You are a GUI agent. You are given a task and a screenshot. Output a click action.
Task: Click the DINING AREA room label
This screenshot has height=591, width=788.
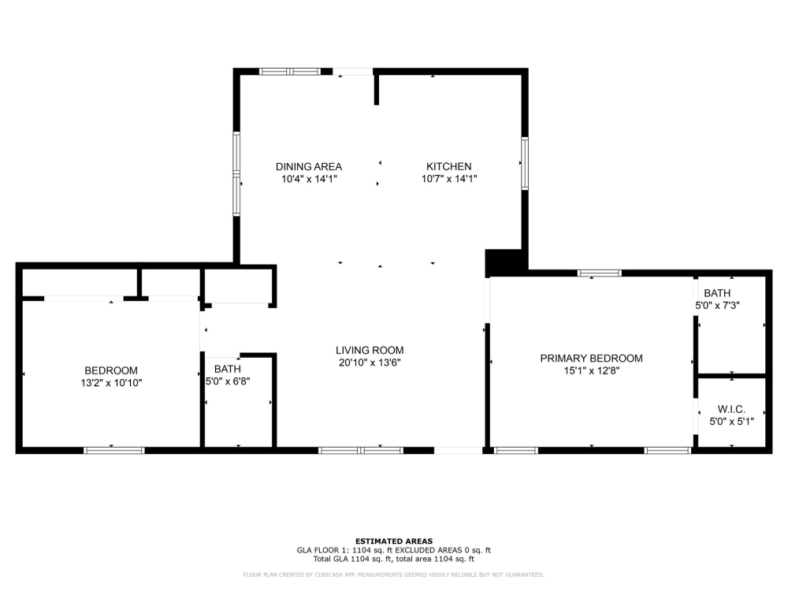click(308, 166)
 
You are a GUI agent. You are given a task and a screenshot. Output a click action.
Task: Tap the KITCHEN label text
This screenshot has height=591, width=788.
click(448, 166)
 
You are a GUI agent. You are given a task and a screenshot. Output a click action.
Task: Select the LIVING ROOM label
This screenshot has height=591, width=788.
click(370, 351)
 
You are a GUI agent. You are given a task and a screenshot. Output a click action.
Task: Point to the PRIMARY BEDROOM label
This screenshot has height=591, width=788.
click(591, 358)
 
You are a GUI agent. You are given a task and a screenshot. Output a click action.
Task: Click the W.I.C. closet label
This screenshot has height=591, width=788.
click(731, 409)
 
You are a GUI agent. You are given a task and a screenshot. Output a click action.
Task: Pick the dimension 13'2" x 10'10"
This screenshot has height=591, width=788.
click(111, 383)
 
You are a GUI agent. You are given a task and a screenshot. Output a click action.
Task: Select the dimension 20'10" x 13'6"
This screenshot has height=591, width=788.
click(370, 363)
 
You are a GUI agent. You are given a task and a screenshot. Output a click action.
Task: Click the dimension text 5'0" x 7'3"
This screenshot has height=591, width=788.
click(717, 306)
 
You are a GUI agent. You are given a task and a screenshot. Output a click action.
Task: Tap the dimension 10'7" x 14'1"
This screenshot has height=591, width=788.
click(448, 179)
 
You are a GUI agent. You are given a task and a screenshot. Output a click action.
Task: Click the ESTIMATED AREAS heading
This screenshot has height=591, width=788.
click(393, 541)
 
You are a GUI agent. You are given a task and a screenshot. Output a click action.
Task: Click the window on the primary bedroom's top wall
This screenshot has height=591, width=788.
click(599, 273)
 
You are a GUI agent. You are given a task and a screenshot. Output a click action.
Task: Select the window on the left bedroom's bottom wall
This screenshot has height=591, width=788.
click(113, 451)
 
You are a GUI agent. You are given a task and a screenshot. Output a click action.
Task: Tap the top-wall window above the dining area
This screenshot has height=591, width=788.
click(290, 72)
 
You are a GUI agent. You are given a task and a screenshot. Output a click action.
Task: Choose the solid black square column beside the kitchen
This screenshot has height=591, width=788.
click(505, 262)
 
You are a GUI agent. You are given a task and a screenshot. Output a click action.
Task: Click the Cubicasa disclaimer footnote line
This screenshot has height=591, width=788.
click(393, 574)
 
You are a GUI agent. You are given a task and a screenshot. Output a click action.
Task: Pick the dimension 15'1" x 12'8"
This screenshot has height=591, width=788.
click(591, 370)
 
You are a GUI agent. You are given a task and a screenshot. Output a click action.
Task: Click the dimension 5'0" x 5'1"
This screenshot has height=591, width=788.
click(731, 422)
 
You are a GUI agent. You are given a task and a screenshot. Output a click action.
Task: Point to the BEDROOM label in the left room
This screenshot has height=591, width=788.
click(111, 370)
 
